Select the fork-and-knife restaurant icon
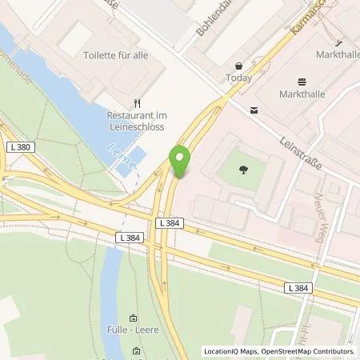point(137,102)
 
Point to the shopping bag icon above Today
point(238,66)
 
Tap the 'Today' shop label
point(238,78)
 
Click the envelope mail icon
point(254,110)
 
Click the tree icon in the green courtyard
point(243,167)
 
